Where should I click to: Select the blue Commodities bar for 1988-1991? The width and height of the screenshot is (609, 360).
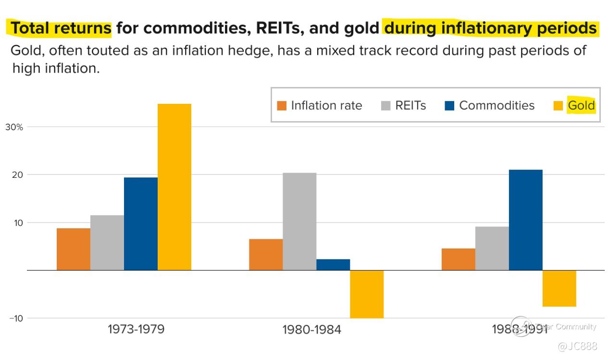[x=525, y=220]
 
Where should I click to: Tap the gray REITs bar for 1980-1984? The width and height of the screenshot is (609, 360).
[x=299, y=221]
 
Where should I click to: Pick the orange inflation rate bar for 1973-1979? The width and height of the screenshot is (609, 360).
[x=74, y=249]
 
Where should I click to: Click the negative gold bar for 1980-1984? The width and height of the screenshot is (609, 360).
[x=367, y=294]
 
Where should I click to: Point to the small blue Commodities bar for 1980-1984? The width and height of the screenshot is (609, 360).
[x=333, y=265]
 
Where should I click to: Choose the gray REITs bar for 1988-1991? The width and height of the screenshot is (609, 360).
[x=492, y=248]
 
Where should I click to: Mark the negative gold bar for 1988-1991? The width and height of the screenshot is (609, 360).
[x=559, y=288]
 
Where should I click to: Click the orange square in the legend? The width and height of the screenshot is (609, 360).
[x=282, y=106]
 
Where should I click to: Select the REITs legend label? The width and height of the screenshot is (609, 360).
[x=410, y=106]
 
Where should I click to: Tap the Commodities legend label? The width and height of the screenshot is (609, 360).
[x=497, y=106]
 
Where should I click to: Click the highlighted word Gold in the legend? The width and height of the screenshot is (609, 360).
[x=581, y=106]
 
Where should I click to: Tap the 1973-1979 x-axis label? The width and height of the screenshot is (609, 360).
[x=136, y=330]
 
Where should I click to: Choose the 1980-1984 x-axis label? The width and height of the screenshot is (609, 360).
[x=311, y=330]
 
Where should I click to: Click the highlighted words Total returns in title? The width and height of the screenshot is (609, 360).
[x=61, y=28]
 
